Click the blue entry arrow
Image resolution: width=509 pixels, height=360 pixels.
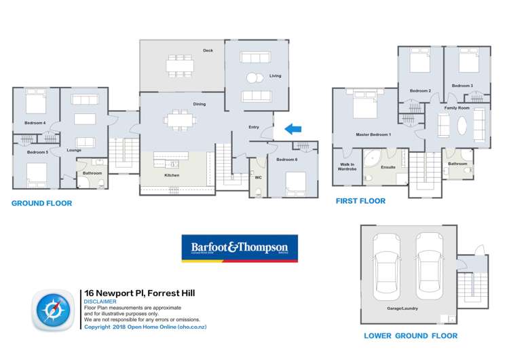tap(293, 128)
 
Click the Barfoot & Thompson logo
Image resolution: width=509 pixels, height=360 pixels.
tap(239, 249)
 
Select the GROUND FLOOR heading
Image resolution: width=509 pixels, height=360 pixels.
tap(42, 203)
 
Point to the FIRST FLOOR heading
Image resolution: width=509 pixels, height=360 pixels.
tap(361, 201)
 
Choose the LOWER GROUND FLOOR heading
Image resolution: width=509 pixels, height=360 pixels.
tap(411, 336)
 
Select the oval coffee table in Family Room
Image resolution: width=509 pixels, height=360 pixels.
tap(461, 126)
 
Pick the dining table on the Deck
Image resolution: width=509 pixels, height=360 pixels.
tap(180, 65)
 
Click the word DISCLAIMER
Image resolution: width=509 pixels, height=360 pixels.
tap(100, 302)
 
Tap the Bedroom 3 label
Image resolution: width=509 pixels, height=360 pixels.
tap(462, 86)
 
